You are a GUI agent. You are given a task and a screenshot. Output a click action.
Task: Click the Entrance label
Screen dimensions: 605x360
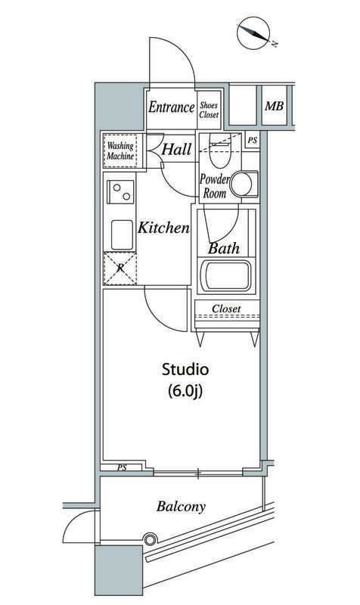point(171,107)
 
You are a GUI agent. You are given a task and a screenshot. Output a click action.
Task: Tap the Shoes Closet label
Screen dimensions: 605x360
point(209,110)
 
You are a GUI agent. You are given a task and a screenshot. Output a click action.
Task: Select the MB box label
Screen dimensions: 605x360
point(274,107)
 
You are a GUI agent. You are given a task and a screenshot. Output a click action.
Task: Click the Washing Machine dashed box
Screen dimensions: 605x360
point(120,150)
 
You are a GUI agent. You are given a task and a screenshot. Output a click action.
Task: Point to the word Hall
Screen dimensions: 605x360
point(176,150)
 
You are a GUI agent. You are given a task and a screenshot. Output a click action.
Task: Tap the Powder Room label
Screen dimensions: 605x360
point(213,186)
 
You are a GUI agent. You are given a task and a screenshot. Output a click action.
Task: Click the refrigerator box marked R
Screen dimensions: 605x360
point(119,268)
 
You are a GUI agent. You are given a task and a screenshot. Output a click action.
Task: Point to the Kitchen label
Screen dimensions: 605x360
point(163,227)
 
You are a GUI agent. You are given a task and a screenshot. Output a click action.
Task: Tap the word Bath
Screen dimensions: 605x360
point(223,247)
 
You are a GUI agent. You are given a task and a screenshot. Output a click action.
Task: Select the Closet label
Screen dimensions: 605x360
point(226,309)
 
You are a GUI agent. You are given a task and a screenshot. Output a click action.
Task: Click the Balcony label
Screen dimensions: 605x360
point(182,507)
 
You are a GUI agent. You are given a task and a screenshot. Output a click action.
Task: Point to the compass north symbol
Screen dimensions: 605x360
point(255,33)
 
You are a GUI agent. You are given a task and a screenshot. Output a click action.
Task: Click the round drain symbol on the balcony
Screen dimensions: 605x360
point(150,539)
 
